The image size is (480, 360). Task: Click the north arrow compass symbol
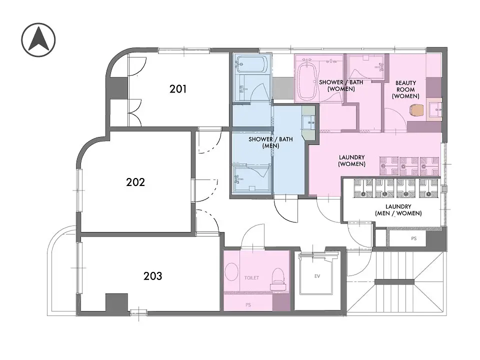coord(38,40)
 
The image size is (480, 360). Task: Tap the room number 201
coord(178,89)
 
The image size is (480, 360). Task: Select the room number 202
coord(135,182)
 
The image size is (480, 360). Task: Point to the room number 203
coord(153,276)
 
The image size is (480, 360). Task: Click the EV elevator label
coord(317,276)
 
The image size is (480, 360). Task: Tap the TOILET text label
coord(251,278)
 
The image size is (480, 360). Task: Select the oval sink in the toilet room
coord(231,272)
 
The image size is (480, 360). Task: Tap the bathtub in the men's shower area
coord(251,64)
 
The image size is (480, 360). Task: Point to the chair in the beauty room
coord(416,110)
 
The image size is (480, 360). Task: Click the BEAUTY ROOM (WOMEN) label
coord(405,89)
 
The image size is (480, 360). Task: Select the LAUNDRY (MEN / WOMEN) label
coord(398,210)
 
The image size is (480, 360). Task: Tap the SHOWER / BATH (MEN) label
coord(270,142)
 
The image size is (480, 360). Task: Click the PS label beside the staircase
coord(414,238)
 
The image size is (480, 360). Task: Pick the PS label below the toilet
coord(248,305)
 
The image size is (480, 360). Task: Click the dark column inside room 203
coord(117,303)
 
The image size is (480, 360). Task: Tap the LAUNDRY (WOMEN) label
coord(351,160)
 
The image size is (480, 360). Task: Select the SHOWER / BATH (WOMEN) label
coord(341,85)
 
